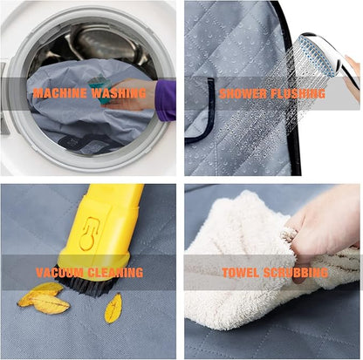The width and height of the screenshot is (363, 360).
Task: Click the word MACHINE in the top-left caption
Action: [x=60, y=93]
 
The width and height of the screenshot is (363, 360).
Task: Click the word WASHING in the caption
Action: [x=119, y=93]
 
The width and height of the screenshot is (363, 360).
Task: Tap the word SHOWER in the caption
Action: [x=243, y=93]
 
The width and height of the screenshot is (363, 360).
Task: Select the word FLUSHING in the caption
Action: [x=298, y=93]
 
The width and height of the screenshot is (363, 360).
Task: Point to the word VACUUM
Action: [x=59, y=273]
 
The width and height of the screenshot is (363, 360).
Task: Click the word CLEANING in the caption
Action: [x=115, y=273]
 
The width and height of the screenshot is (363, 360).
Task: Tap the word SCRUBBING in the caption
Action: [x=296, y=273]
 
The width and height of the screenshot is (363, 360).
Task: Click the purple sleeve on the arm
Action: [x=166, y=99]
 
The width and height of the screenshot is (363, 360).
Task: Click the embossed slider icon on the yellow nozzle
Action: [x=89, y=234]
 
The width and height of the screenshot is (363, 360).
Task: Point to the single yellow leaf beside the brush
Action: [x=113, y=309]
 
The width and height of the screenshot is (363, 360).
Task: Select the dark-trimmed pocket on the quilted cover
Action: [x=200, y=112]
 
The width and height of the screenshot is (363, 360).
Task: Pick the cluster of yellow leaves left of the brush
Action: [x=44, y=298]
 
